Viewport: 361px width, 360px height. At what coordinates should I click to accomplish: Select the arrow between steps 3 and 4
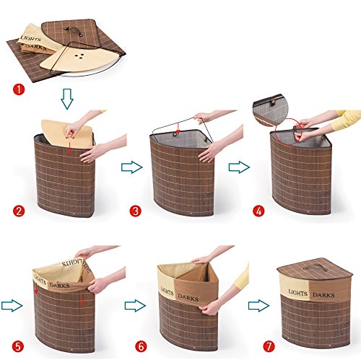(x=240, y=167)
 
